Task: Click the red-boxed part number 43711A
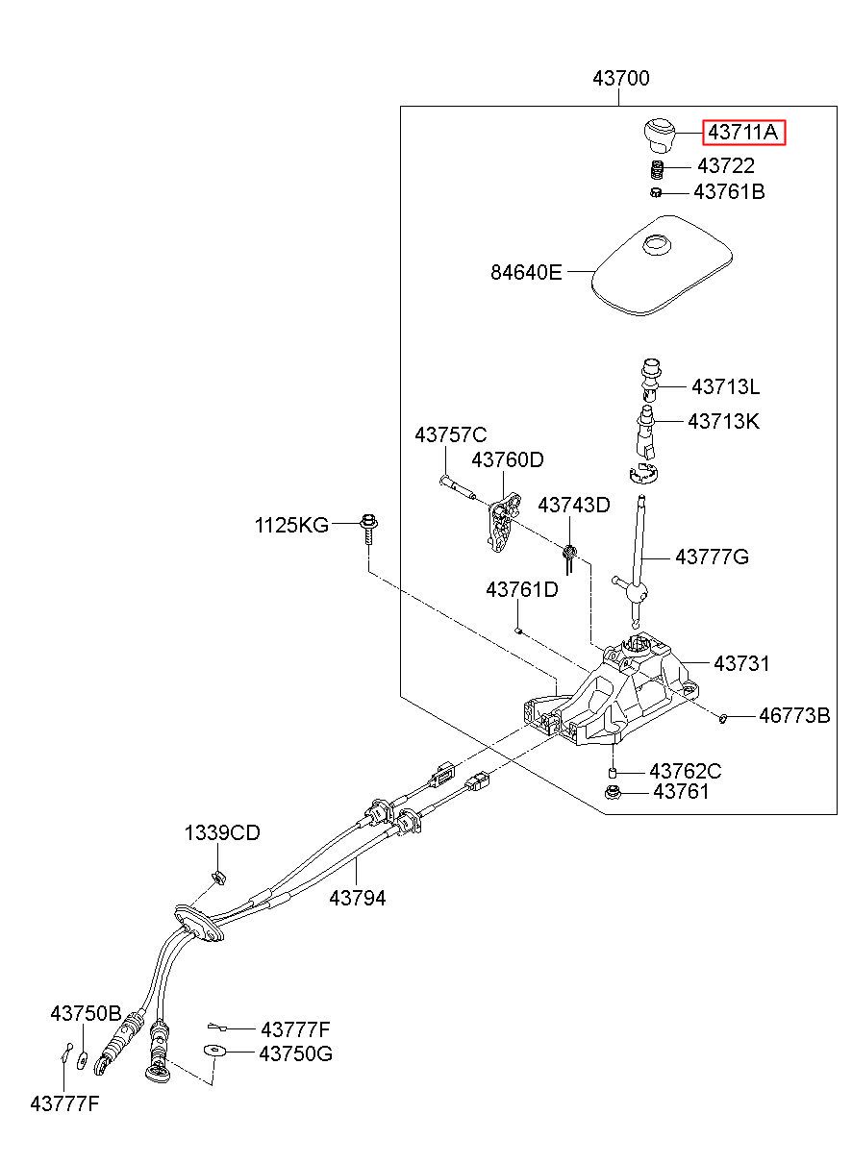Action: [742, 133]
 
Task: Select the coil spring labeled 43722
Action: [658, 169]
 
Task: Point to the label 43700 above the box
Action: [621, 79]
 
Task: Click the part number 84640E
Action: [526, 272]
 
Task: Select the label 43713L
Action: [725, 386]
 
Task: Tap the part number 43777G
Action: [712, 557]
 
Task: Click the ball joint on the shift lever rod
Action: [638, 591]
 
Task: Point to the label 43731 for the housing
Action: [741, 663]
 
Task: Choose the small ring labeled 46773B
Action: [722, 718]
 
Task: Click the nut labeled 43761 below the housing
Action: [612, 793]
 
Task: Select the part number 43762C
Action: [685, 771]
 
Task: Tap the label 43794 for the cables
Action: [358, 898]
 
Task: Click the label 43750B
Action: [86, 1013]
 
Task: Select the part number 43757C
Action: [451, 434]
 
